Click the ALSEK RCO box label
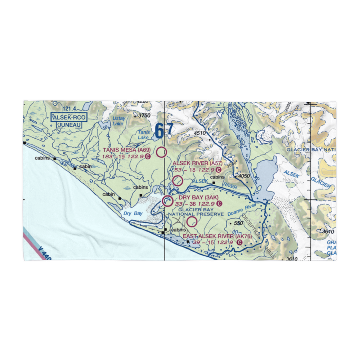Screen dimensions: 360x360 67,117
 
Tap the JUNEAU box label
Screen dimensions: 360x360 67,125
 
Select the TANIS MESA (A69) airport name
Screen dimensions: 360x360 124,150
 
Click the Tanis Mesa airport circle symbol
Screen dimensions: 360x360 162,152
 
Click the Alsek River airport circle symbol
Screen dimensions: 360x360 177,181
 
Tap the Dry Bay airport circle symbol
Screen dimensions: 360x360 167,201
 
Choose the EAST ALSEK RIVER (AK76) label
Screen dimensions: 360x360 217,237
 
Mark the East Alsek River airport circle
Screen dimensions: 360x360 192,221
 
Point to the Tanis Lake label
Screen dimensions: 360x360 143,135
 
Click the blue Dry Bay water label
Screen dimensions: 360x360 133,213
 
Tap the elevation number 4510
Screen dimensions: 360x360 199,133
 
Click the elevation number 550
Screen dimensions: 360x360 238,224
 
